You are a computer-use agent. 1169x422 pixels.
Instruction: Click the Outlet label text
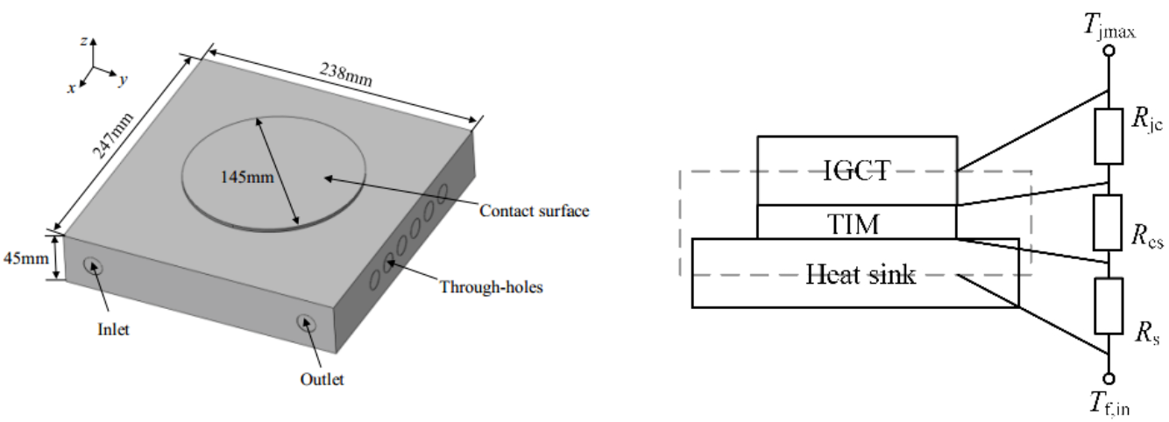(x=324, y=379)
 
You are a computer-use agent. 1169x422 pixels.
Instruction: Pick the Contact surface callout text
(x=533, y=210)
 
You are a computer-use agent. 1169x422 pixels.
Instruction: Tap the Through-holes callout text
(x=491, y=286)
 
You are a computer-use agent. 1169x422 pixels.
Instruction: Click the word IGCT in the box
(x=856, y=171)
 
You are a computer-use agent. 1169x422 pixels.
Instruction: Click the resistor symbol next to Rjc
(x=1108, y=136)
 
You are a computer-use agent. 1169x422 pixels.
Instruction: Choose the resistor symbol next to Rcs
(x=1108, y=222)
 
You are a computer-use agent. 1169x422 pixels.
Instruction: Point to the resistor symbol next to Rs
(x=1108, y=306)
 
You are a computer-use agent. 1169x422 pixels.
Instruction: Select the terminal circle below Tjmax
(x=1108, y=52)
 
